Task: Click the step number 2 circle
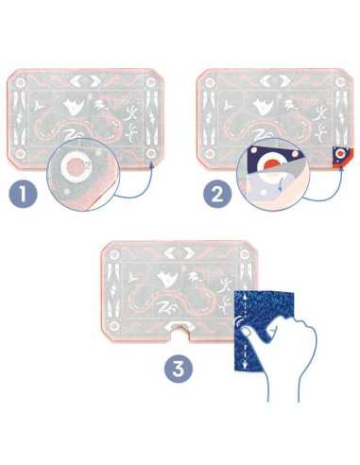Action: (x=217, y=194)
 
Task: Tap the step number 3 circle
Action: (x=179, y=369)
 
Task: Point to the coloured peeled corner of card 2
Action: (x=341, y=158)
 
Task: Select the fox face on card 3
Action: (x=166, y=278)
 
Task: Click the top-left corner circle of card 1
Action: (x=21, y=83)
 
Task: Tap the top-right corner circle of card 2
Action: (x=340, y=83)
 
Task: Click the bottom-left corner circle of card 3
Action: (x=113, y=325)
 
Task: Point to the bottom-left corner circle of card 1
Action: (x=21, y=154)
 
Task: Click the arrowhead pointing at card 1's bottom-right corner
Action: (x=151, y=164)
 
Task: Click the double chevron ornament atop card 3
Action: (x=179, y=253)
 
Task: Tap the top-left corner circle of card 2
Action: (x=209, y=83)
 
